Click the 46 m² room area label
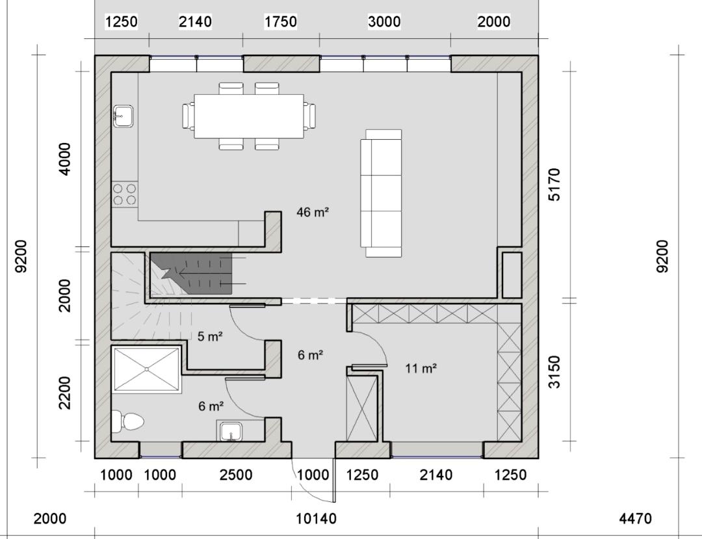tap(313, 212)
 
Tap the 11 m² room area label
tap(421, 369)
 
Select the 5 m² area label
tap(210, 336)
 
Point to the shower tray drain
tap(147, 369)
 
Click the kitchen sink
tap(123, 116)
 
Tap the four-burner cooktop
tap(124, 194)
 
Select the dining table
tap(249, 116)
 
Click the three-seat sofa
tap(382, 193)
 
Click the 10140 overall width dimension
tap(316, 518)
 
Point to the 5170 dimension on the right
tap(554, 185)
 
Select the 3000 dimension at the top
tap(384, 21)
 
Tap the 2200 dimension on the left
tap(65, 393)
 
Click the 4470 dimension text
tap(635, 518)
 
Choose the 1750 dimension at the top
tap(281, 21)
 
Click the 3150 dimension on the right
tap(554, 371)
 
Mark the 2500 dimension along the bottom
tap(236, 475)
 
